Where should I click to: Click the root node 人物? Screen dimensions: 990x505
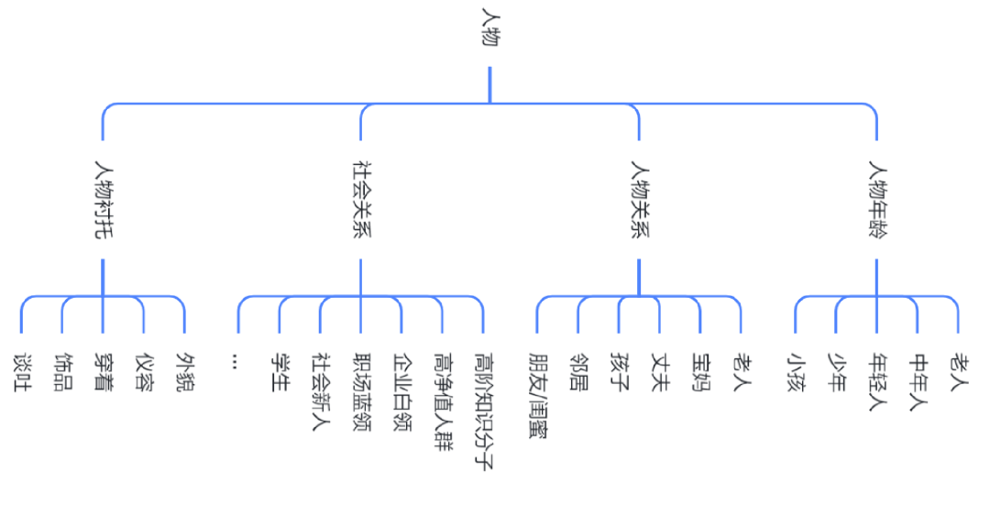tap(490, 27)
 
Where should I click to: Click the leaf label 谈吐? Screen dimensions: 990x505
tap(22, 372)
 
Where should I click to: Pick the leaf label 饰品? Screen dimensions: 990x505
tap(63, 372)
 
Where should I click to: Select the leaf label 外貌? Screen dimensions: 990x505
tap(185, 372)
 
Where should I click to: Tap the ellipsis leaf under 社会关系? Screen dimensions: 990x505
tap(235, 360)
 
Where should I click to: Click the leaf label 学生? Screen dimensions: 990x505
tap(280, 372)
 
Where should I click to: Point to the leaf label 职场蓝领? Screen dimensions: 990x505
tap(361, 392)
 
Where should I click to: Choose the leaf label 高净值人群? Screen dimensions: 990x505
tap(444, 401)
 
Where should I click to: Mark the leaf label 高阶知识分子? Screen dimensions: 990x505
tap(484, 412)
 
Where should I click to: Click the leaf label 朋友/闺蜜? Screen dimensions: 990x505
tap(538, 396)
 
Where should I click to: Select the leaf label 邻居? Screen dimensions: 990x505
tap(578, 372)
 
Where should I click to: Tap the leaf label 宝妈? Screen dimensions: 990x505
tap(701, 372)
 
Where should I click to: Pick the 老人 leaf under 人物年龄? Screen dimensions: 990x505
tap(959, 372)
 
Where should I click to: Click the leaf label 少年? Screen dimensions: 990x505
tap(837, 372)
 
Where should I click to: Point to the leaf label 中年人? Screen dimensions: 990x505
tap(918, 382)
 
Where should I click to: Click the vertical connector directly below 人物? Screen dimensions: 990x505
tap(489, 84)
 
